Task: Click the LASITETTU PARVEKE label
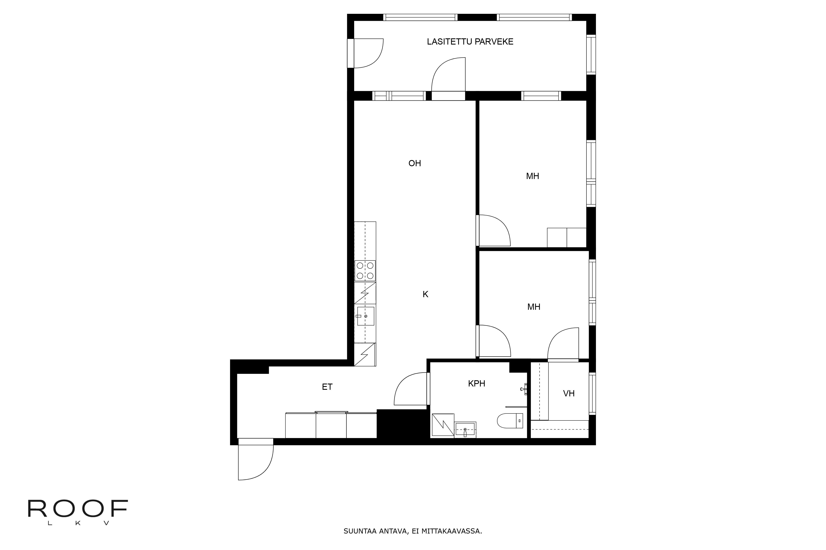click(x=470, y=42)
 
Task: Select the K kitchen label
click(x=425, y=294)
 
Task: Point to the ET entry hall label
click(x=327, y=387)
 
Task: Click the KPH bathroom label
click(x=477, y=384)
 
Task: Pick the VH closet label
click(x=569, y=393)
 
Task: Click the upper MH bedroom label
click(x=532, y=176)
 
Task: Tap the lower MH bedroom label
click(x=534, y=307)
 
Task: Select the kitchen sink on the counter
click(x=365, y=316)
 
